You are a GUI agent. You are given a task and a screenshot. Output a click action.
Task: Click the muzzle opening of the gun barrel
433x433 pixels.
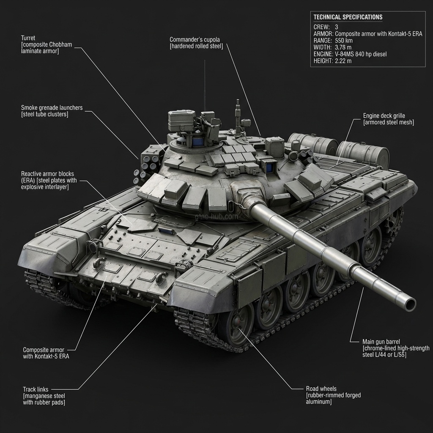click(x=409, y=303)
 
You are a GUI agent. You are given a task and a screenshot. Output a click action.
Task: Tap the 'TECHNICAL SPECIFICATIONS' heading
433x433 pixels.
click(x=348, y=17)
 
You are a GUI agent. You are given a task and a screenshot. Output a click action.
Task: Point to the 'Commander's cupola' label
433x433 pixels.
click(x=195, y=39)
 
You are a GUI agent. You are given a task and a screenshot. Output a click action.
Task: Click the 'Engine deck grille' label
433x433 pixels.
click(x=386, y=115)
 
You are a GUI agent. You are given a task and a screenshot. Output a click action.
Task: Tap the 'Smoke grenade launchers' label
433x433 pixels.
click(x=52, y=108)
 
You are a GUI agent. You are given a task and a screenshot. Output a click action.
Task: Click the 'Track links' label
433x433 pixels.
click(x=36, y=389)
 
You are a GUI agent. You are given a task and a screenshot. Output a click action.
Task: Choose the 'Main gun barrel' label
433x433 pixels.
click(x=381, y=341)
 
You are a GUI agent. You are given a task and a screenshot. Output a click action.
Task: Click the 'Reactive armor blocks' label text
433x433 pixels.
click(x=49, y=174)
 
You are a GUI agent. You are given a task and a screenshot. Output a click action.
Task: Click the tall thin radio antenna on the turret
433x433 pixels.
click(x=205, y=85)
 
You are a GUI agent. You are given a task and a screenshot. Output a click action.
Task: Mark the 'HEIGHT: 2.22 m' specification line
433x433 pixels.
click(x=332, y=61)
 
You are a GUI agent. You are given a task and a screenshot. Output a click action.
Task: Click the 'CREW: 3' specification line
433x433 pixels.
click(x=326, y=27)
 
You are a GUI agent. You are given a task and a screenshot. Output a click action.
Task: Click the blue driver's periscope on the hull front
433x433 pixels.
click(x=167, y=231)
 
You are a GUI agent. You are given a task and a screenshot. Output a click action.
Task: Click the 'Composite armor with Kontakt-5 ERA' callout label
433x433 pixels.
click(x=46, y=353)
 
